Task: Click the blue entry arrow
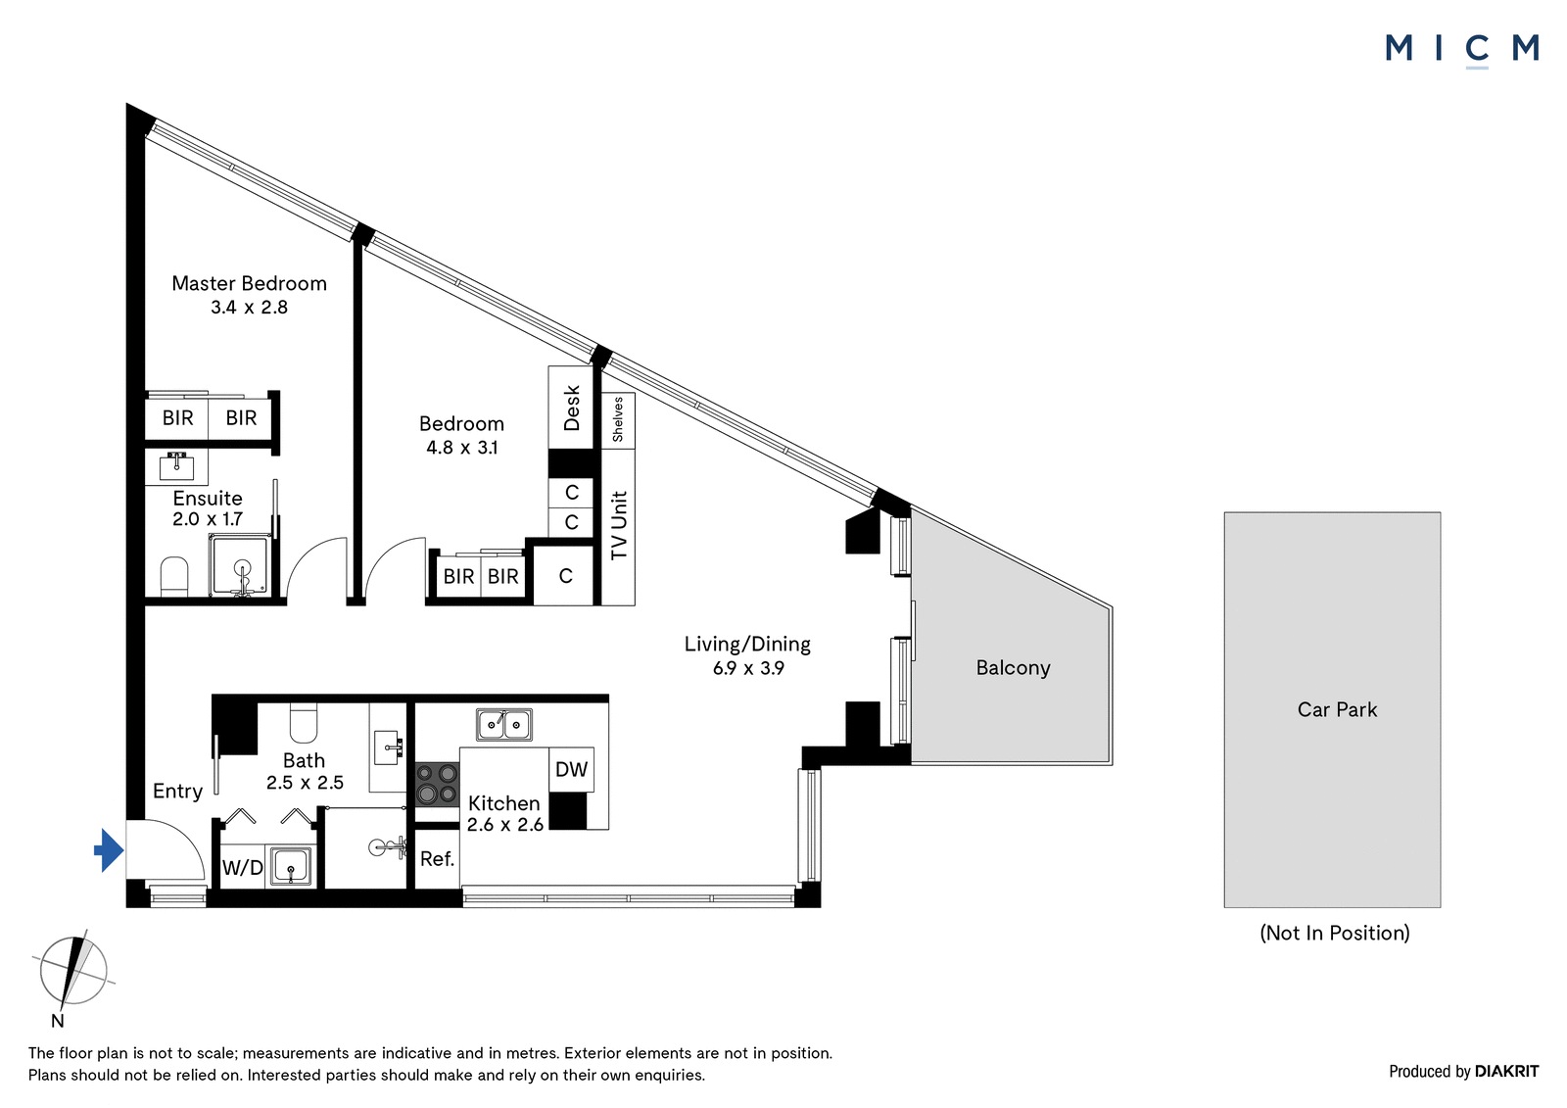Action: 109,850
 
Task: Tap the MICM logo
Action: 1462,49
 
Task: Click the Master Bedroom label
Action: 249,283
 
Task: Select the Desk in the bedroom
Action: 571,408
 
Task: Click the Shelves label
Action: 618,420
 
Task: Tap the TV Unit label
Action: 619,526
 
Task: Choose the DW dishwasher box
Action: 571,769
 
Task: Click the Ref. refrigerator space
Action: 437,859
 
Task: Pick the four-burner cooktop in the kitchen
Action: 437,784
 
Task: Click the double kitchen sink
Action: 503,724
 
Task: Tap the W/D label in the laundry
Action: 242,868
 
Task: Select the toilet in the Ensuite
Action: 174,577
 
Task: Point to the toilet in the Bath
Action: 303,723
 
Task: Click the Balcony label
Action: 1013,668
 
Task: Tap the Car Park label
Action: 1337,709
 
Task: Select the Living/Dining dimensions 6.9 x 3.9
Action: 748,668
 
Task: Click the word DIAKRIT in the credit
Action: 1507,1071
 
